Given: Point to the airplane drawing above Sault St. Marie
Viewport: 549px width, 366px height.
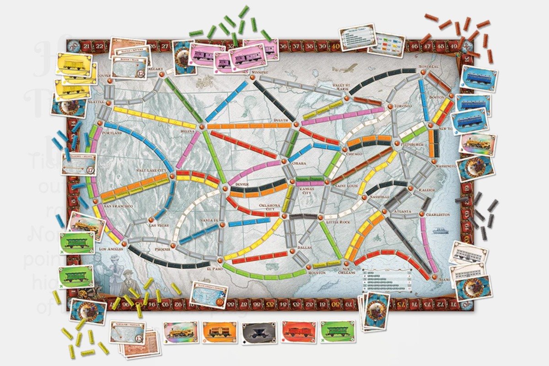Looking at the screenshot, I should click(345, 68).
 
